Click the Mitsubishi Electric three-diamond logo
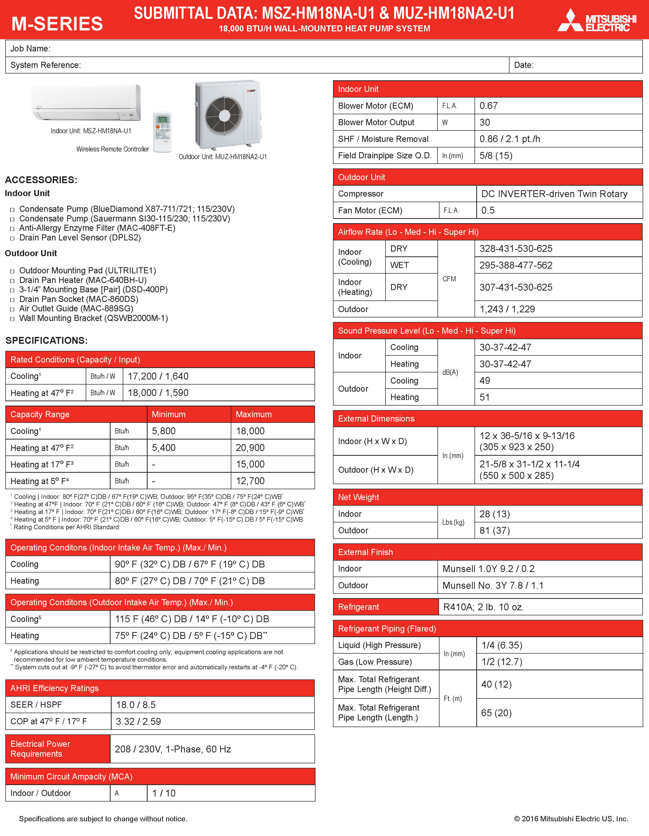click(570, 21)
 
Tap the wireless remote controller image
click(163, 132)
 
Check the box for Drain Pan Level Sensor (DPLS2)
click(12, 238)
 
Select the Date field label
click(523, 65)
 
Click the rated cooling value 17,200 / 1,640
click(158, 376)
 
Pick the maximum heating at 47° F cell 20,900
click(250, 447)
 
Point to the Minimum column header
click(169, 414)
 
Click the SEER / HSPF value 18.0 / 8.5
click(136, 705)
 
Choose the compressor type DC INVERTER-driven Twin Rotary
click(554, 194)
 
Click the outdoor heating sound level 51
click(485, 397)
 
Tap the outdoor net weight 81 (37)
click(494, 530)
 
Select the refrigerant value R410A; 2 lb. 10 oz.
click(483, 607)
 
